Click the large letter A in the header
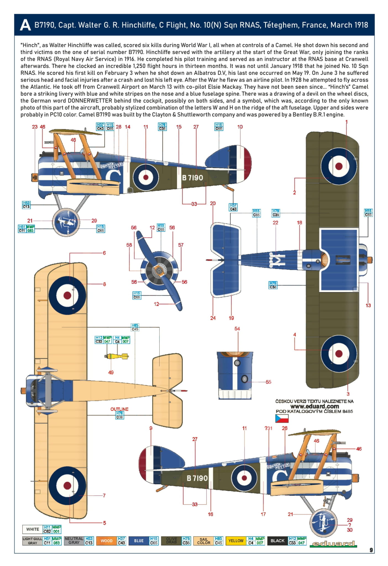pos(25,25)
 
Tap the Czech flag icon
pos(282,418)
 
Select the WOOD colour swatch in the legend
pos(106,541)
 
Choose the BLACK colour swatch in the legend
pos(277,541)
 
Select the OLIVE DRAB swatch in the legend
pos(171,541)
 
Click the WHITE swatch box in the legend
pos(33,529)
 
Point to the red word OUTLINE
pos(119,409)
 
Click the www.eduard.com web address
pos(314,406)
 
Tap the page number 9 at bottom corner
pos(371,550)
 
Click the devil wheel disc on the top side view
pos(66,222)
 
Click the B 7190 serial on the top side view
pos(192,178)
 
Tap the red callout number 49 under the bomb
pos(111,372)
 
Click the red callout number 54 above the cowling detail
pos(237,328)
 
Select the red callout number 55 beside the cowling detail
pos(268,382)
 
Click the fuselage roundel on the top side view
pos(146,177)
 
